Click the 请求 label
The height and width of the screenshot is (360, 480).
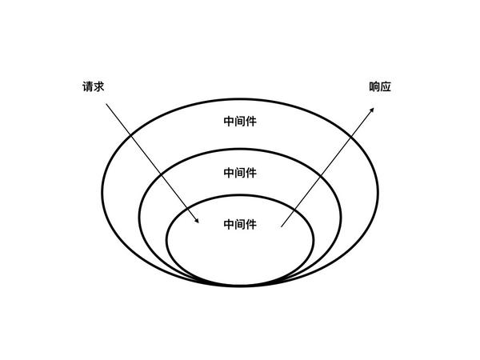click(x=94, y=86)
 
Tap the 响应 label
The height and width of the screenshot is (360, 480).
click(x=380, y=86)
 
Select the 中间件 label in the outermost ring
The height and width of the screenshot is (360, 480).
click(x=240, y=122)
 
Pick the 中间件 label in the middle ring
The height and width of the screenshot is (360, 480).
click(x=240, y=172)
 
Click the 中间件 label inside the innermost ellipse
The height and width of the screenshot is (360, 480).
click(x=240, y=225)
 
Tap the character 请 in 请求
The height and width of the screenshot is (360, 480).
click(x=88, y=86)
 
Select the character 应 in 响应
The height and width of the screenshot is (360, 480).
click(x=386, y=86)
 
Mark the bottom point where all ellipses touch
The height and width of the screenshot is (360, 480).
click(x=240, y=284)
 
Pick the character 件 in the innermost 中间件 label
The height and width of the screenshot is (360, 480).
click(x=251, y=225)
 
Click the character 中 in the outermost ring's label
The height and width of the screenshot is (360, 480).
click(x=229, y=122)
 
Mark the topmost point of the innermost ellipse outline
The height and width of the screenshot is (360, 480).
click(x=240, y=195)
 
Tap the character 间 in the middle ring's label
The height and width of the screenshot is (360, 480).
click(x=240, y=172)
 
